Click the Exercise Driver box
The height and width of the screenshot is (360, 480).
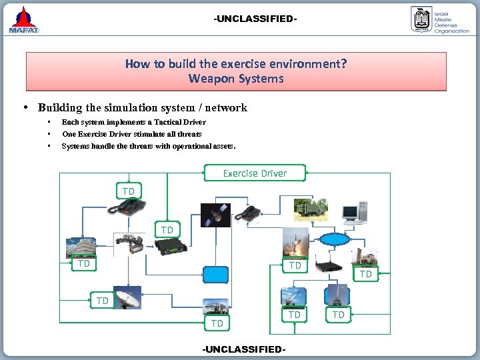pos(255,173)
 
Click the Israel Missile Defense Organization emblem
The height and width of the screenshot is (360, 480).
pos(421,20)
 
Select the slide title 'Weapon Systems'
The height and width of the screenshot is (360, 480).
pos(235,79)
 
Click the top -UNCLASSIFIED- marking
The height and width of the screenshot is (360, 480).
pos(255,19)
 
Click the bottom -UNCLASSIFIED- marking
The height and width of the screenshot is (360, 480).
pos(244,349)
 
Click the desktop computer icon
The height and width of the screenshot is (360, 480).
pos(353,211)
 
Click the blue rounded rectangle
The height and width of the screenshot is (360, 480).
pos(216,275)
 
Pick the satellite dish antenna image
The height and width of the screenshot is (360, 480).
pos(127,298)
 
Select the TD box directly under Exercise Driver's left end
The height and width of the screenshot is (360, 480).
pos(128,191)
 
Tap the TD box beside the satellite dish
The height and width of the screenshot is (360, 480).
pos(102,301)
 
